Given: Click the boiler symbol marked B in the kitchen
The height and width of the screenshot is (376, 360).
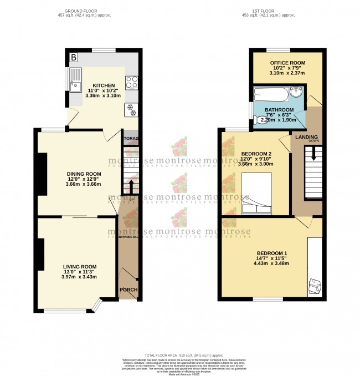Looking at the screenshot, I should pos(74,57).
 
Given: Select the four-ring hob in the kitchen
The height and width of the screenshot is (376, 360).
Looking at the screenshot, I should pos(132,83).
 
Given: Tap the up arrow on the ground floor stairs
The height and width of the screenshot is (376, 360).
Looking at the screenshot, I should pos(131,186).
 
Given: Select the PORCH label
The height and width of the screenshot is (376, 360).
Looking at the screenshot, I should pos(128,289).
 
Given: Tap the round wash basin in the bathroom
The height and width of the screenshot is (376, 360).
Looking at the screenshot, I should pos(297,92).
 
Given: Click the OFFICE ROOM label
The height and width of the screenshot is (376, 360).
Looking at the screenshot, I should pos(285,63).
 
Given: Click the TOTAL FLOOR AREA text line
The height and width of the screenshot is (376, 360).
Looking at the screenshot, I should pos(179,355).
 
